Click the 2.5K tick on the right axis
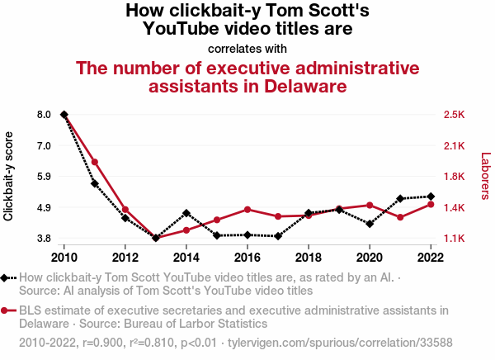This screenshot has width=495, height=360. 455,115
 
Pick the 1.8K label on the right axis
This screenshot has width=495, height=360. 455,177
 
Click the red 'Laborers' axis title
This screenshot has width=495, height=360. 485,176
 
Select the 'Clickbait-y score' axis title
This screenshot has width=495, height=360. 9,176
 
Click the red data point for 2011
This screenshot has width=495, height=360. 95,162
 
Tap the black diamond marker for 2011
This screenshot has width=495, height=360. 95,183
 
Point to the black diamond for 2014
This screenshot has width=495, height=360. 186,213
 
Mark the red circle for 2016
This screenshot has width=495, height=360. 247,210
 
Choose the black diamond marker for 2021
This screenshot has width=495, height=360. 400,198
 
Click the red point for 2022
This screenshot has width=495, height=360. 431,204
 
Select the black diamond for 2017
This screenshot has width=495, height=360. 278,236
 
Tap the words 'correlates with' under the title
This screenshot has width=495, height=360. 247,49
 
